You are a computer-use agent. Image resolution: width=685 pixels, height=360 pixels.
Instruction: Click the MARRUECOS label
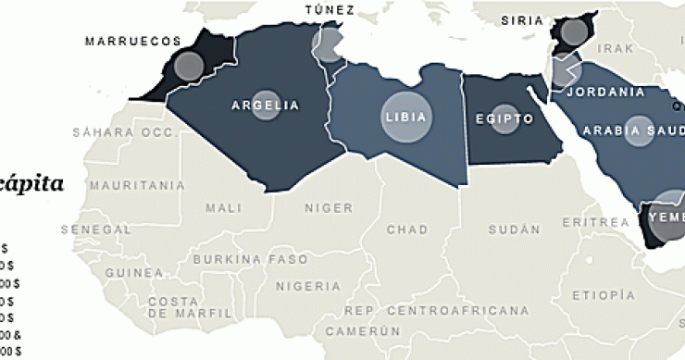132,42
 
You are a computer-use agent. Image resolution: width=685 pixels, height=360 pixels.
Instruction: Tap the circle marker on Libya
407,118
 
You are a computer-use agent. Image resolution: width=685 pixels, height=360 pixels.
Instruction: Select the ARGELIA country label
266,106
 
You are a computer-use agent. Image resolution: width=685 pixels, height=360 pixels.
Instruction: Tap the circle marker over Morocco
189,66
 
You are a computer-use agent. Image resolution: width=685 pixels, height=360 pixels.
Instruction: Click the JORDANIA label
605,92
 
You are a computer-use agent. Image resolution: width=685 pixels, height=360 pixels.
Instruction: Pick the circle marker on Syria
575,34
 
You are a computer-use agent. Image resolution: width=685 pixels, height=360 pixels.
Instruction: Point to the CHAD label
407,229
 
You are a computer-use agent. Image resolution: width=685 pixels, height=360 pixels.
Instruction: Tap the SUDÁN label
514,229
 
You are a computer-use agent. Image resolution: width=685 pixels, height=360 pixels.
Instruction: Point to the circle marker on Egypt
504,119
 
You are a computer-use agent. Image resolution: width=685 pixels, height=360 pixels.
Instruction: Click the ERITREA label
594,223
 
